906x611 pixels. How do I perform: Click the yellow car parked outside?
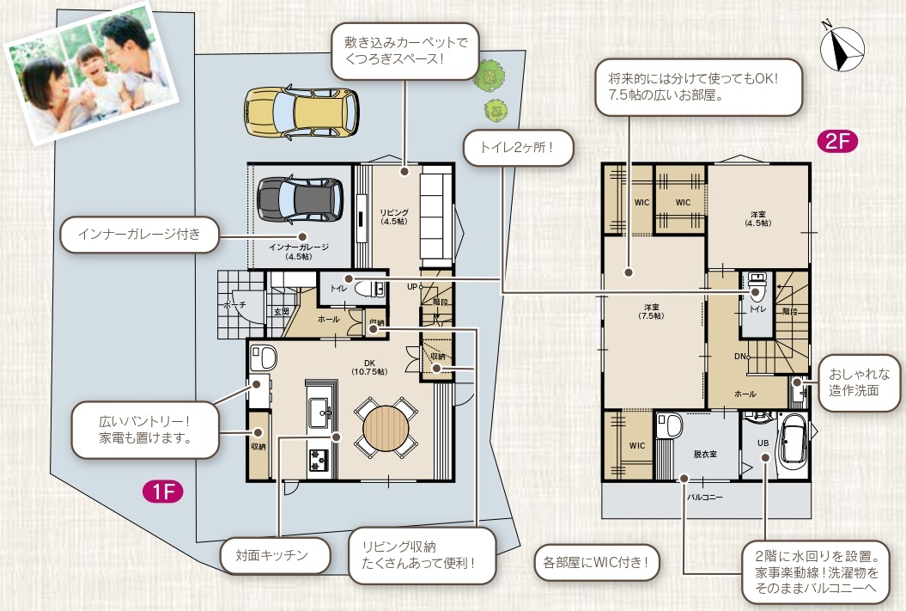click(301, 113)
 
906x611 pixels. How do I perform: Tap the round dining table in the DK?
click(386, 428)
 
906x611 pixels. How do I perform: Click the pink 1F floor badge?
click(163, 492)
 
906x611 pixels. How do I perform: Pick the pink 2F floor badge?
click(837, 141)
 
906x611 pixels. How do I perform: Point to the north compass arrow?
click(842, 49)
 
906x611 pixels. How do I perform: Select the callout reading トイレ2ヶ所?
click(519, 148)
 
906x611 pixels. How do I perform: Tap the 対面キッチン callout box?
click(276, 555)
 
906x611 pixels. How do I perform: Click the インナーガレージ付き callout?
click(139, 234)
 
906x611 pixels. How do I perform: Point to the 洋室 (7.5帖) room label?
click(651, 312)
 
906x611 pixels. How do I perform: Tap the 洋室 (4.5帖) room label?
click(758, 218)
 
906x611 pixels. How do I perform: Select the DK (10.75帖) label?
click(369, 368)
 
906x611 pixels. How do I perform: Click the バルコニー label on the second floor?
click(704, 497)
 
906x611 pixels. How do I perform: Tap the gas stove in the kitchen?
click(318, 460)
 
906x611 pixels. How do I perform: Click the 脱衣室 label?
click(705, 455)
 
